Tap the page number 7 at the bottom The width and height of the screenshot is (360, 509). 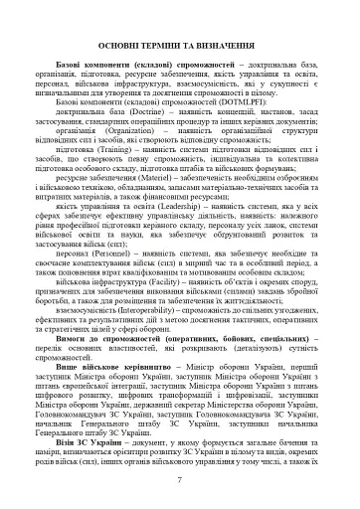point(179,481)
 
